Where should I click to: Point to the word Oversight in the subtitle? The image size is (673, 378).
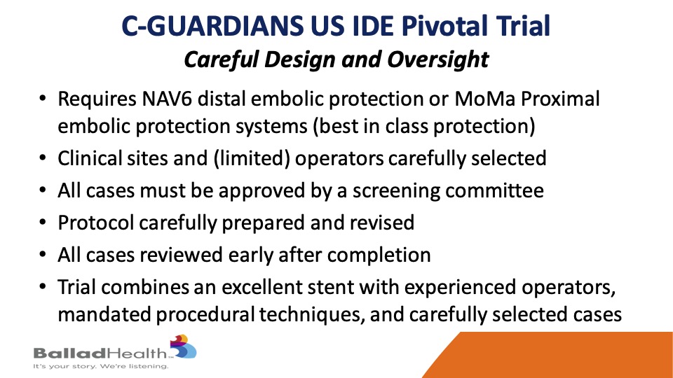[x=437, y=59]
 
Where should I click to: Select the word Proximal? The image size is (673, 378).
[x=560, y=99]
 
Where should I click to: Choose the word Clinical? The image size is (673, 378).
[x=89, y=158]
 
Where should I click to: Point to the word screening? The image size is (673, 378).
[x=395, y=191]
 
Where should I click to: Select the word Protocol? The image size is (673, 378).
[x=96, y=223]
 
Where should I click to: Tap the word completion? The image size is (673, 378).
[x=379, y=255]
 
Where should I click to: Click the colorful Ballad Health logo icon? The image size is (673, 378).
[x=183, y=346]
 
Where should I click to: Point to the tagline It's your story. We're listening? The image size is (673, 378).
[x=101, y=366]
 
